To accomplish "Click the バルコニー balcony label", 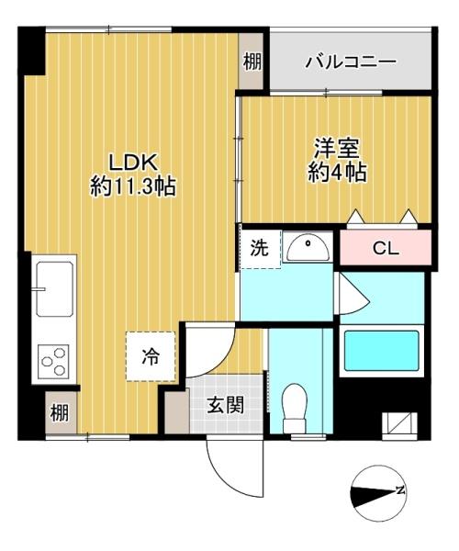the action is pyautogui.click(x=350, y=62).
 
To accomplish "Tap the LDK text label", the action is pyautogui.click(x=133, y=163).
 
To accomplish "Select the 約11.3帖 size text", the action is pyautogui.click(x=133, y=186).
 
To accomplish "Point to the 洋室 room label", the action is pyautogui.click(x=336, y=149).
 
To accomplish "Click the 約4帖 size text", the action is pyautogui.click(x=338, y=172).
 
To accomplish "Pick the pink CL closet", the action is pyautogui.click(x=386, y=247).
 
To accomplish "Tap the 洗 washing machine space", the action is pyautogui.click(x=260, y=249).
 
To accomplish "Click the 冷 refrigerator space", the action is pyautogui.click(x=151, y=356).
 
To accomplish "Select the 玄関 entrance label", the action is pyautogui.click(x=225, y=406).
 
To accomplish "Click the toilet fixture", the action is pyautogui.click(x=295, y=409).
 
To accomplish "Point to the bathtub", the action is pyautogui.click(x=381, y=351).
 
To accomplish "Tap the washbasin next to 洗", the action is pyautogui.click(x=308, y=247).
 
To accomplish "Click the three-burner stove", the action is pyautogui.click(x=54, y=360).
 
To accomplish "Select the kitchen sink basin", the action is pyautogui.click(x=54, y=289).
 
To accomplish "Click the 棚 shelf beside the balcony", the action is pyautogui.click(x=251, y=62).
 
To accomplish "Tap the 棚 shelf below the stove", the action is pyautogui.click(x=61, y=412).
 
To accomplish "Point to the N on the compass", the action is pyautogui.click(x=399, y=489).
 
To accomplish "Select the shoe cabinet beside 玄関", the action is pyautogui.click(x=177, y=410).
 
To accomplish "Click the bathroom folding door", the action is pyautogui.click(x=353, y=295).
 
